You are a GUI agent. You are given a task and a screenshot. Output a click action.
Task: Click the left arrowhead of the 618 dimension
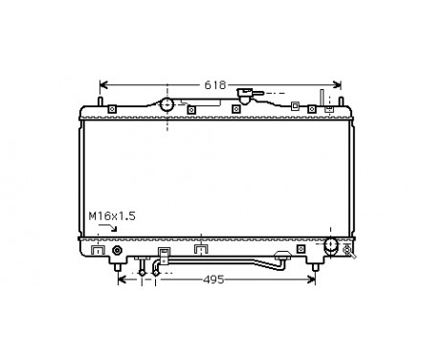tap(104, 84)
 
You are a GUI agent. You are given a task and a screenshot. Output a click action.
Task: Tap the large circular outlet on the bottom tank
tap(332, 246)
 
